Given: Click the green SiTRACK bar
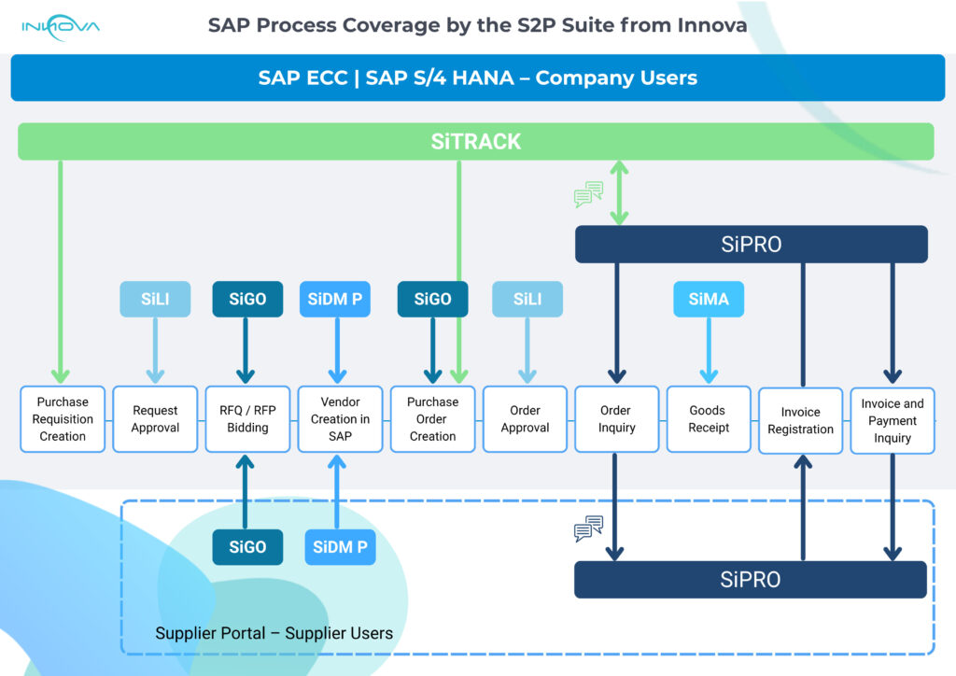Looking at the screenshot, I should pos(475,142).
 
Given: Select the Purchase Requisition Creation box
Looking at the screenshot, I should pos(63,419).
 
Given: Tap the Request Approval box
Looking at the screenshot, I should pos(155,419).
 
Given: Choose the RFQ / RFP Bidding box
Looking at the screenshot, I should pos(247,419).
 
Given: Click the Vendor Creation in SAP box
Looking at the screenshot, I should pos(340,419).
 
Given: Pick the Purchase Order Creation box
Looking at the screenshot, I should pos(432,419).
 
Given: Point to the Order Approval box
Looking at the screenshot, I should pos(525,419).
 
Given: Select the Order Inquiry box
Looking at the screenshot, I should pos(616,419).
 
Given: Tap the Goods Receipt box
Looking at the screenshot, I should pos(709,419).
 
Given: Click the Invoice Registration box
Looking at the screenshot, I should pos(800,420).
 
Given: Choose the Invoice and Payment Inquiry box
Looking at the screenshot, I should pos(892,420).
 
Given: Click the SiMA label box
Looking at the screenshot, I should pos(709,300).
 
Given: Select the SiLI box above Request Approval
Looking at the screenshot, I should pos(155,300).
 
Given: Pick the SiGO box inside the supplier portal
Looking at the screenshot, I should pos(247,547).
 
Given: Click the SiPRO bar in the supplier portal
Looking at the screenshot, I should pos(751,580).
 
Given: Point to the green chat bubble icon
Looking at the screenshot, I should pos(588,194).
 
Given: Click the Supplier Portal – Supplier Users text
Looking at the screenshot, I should pos(274,633).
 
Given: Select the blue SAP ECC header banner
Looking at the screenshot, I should pos(478,77).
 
